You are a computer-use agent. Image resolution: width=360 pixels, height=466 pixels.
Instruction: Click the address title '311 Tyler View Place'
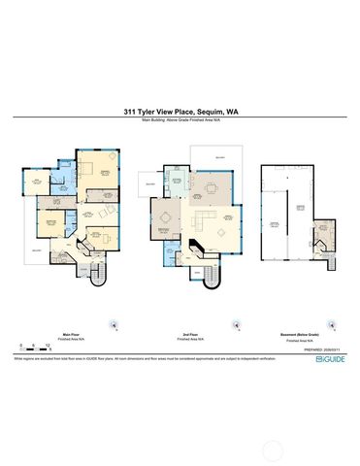pos(155,112)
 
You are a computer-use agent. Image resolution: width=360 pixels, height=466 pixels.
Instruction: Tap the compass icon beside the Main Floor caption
pos(115,325)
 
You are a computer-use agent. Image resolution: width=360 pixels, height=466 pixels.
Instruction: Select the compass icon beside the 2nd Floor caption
pos(233,325)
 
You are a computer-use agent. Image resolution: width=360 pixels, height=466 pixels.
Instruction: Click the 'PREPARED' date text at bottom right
pos(324,349)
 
